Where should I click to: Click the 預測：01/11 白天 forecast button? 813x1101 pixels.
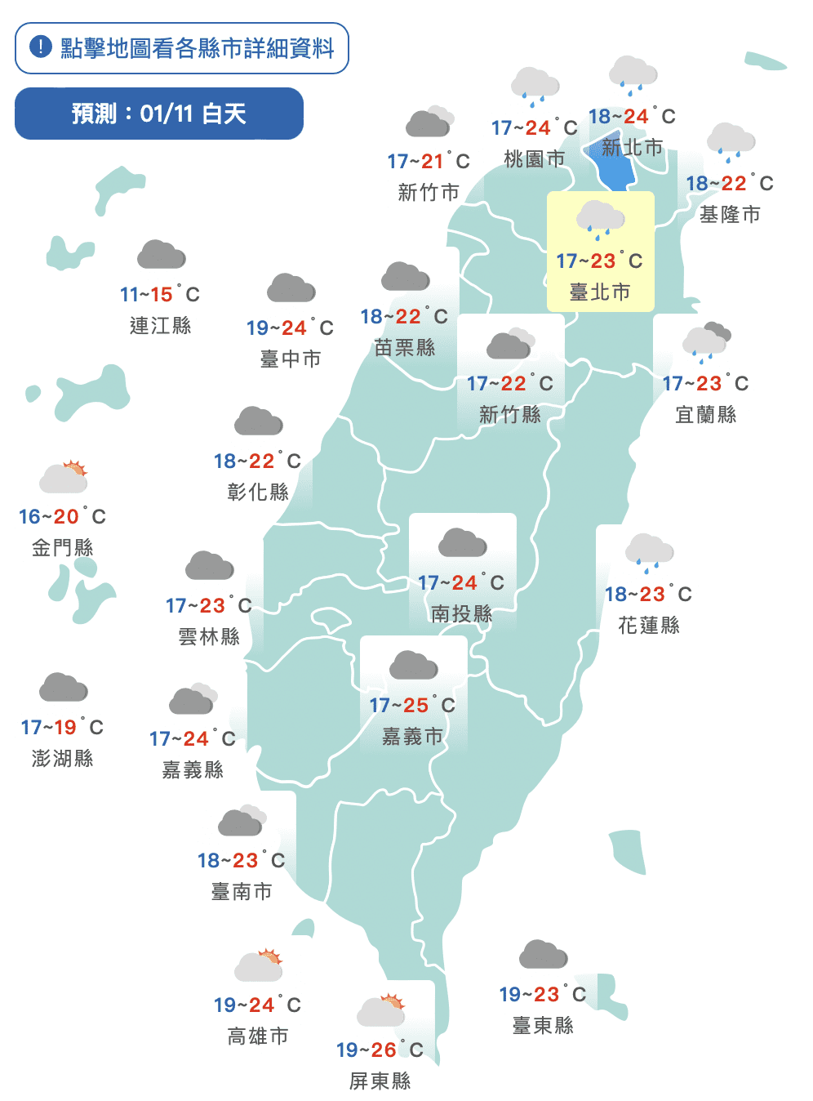pyautogui.click(x=159, y=114)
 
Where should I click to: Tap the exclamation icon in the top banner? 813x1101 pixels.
pyautogui.click(x=41, y=47)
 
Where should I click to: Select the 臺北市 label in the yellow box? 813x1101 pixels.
pyautogui.click(x=600, y=292)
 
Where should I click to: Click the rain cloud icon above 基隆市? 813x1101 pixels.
pyautogui.click(x=731, y=141)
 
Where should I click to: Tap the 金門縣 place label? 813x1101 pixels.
pyautogui.click(x=63, y=547)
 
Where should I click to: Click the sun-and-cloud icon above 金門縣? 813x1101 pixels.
pyautogui.click(x=64, y=477)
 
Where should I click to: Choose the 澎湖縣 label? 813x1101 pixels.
pyautogui.click(x=63, y=758)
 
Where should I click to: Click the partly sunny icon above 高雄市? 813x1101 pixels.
pyautogui.click(x=259, y=965)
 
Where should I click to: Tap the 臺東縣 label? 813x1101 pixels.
pyautogui.click(x=543, y=1025)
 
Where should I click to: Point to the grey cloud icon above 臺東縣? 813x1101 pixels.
pyautogui.click(x=543, y=954)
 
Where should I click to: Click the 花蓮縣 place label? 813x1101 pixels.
pyautogui.click(x=649, y=625)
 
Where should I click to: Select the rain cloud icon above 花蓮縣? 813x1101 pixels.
pyautogui.click(x=649, y=552)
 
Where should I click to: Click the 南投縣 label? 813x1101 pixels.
pyautogui.click(x=462, y=613)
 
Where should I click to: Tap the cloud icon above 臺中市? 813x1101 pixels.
pyautogui.click(x=291, y=288)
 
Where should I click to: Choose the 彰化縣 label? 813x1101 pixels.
pyautogui.click(x=258, y=492)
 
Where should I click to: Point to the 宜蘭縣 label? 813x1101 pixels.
pyautogui.click(x=706, y=414)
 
